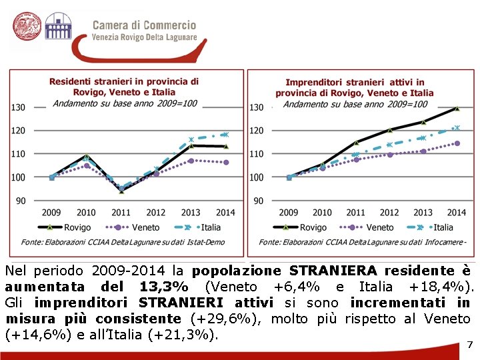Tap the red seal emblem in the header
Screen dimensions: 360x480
[27, 28]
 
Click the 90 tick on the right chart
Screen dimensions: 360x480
[255, 201]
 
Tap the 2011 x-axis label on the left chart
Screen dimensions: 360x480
[121, 213]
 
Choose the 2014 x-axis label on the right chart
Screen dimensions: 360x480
[456, 213]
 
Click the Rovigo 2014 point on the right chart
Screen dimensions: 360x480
[457, 108]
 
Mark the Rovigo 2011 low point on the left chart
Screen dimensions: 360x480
[121, 191]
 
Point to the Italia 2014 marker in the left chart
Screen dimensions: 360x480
[225, 135]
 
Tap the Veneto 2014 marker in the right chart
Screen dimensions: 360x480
[457, 143]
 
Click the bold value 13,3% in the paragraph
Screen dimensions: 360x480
[163, 287]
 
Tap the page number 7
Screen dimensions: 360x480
[469, 344]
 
